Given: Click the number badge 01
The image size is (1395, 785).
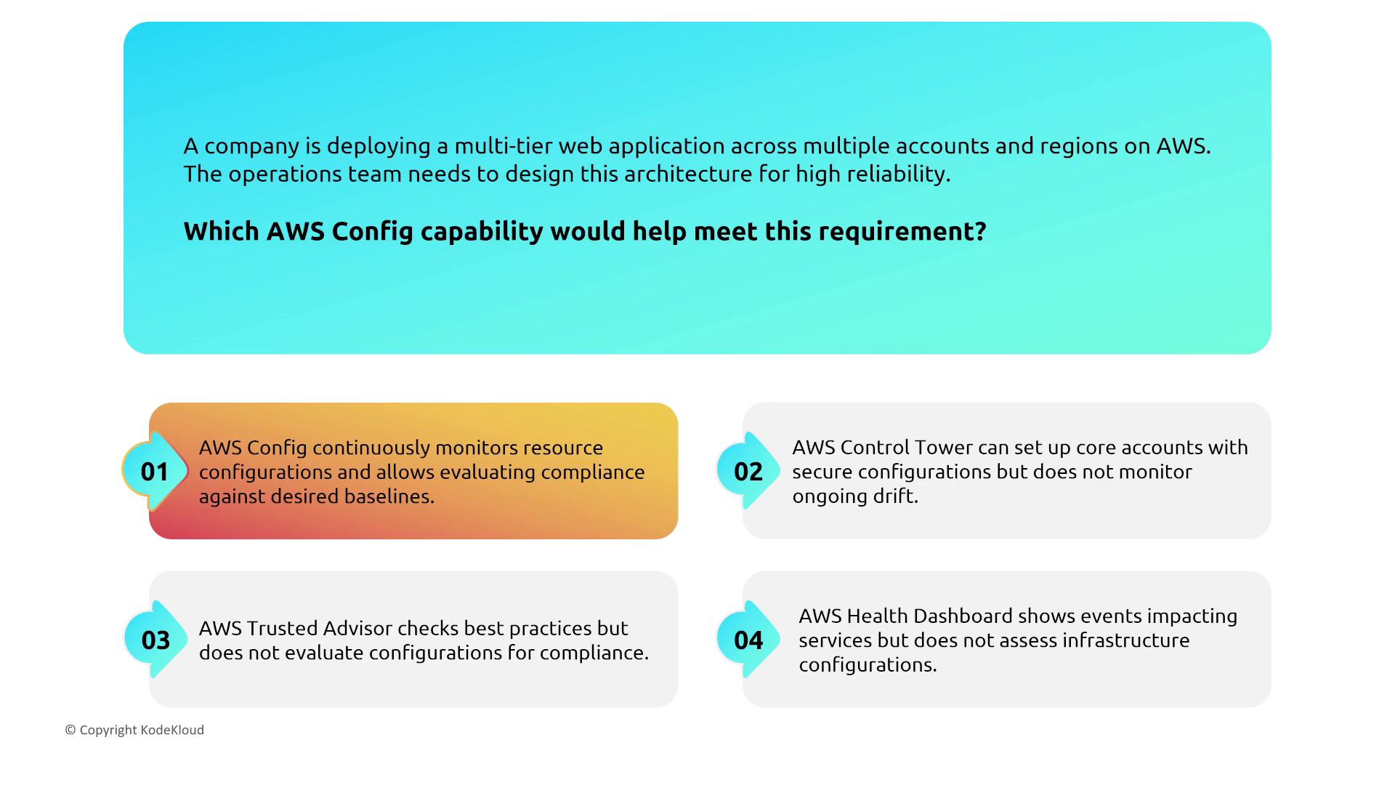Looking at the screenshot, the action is click(155, 471).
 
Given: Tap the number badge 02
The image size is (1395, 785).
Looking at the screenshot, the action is click(748, 471).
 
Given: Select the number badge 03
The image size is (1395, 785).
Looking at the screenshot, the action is click(155, 640).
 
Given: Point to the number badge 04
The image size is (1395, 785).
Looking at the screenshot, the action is click(748, 640).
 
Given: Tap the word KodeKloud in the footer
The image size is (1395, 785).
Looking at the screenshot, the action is click(172, 730).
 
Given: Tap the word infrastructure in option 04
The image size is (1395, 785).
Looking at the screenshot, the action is click(1117, 640).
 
